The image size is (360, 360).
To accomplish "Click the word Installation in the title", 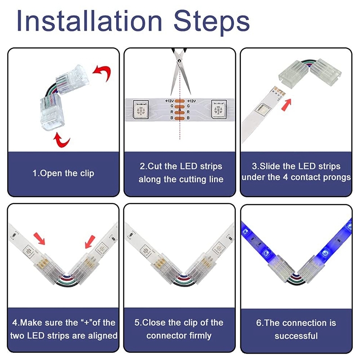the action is [90, 21].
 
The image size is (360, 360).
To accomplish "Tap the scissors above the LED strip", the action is [180, 72].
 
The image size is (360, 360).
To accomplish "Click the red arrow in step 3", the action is [287, 105].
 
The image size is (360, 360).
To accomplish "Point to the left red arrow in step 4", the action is [39, 238].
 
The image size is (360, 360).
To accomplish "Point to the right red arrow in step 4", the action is [90, 242].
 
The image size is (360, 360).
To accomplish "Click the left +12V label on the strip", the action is [170, 101].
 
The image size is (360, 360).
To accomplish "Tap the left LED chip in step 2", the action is [140, 109].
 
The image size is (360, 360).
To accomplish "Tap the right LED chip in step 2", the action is [219, 109].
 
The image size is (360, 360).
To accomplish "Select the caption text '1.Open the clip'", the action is [63, 173].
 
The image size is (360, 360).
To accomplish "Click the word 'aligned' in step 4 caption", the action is [103, 336].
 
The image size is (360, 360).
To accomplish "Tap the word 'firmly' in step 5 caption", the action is [200, 336].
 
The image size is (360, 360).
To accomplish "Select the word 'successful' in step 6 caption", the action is [296, 336].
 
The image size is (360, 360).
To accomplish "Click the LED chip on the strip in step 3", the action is [262, 108].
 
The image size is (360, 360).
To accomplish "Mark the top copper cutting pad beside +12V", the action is [180, 101].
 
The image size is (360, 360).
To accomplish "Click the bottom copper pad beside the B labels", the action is [180, 118].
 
